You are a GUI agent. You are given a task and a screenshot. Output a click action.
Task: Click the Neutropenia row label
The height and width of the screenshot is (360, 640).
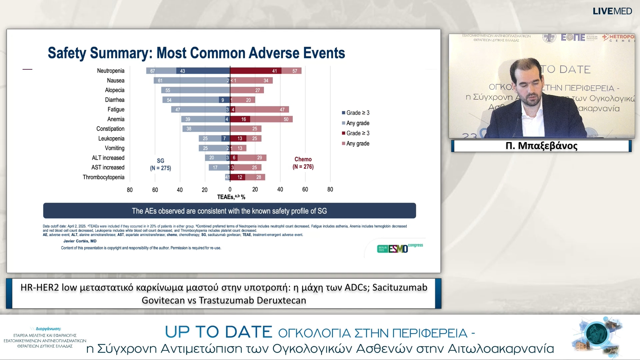pyautogui.click(x=110, y=71)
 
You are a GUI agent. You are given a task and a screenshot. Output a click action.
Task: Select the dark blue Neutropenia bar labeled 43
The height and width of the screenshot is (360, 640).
pyautogui.click(x=203, y=71)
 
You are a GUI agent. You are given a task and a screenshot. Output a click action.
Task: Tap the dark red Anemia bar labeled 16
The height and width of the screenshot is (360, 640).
pyautogui.click(x=240, y=119)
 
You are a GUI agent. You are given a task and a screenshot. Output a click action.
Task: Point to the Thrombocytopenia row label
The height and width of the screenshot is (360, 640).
pyautogui.click(x=103, y=177)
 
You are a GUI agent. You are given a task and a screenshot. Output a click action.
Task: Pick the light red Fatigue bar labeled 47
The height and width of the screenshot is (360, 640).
pyautogui.click(x=262, y=109)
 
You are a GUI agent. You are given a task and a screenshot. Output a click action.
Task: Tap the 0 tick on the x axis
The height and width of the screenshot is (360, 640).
pyautogui.click(x=230, y=189)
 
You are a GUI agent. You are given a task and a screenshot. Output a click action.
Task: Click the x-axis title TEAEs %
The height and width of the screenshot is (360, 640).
pyautogui.click(x=231, y=197)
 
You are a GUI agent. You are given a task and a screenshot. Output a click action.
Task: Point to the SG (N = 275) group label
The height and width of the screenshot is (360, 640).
pyautogui.click(x=160, y=164)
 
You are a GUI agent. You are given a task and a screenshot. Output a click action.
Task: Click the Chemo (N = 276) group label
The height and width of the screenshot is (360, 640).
pyautogui.click(x=303, y=163)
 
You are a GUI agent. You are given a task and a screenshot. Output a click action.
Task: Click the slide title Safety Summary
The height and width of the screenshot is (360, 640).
pyautogui.click(x=196, y=53)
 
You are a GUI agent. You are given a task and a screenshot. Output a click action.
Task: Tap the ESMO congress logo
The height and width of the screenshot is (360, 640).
pyautogui.click(x=400, y=248)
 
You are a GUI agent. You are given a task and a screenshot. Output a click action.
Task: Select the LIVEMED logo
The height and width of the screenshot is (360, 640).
pyautogui.click(x=612, y=11)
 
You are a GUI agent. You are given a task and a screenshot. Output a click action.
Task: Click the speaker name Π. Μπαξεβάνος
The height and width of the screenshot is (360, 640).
pyautogui.click(x=541, y=146)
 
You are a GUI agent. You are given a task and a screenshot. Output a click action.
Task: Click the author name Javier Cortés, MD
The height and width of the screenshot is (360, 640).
pyautogui.click(x=80, y=241)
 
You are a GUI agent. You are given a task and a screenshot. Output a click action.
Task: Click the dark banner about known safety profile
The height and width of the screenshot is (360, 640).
pyautogui.click(x=229, y=211)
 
